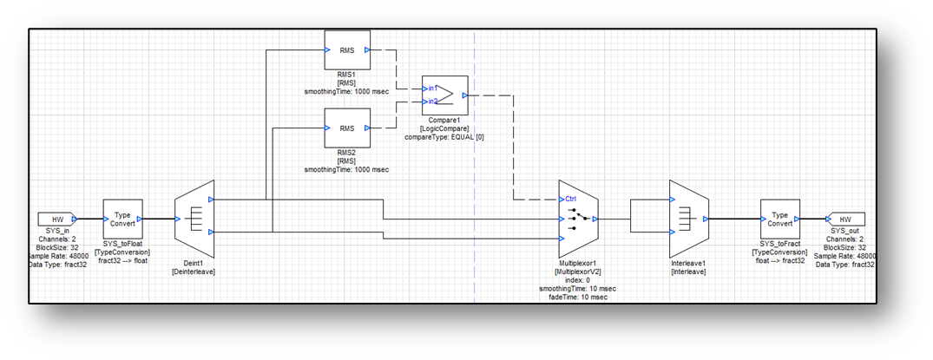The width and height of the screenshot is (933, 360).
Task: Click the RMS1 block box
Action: pyautogui.click(x=346, y=50)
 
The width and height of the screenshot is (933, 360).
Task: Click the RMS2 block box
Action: pyautogui.click(x=346, y=128)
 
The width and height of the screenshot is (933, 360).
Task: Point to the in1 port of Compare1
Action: pyautogui.click(x=431, y=88)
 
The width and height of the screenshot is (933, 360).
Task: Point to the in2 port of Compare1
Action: pyautogui.click(x=431, y=101)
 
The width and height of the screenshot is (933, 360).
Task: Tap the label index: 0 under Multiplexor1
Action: pyautogui.click(x=576, y=279)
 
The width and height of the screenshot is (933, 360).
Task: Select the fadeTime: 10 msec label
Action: pyautogui.click(x=576, y=297)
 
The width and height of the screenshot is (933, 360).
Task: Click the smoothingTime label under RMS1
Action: pyautogui.click(x=346, y=91)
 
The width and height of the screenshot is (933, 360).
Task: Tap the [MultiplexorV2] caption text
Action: pyautogui.click(x=576, y=271)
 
